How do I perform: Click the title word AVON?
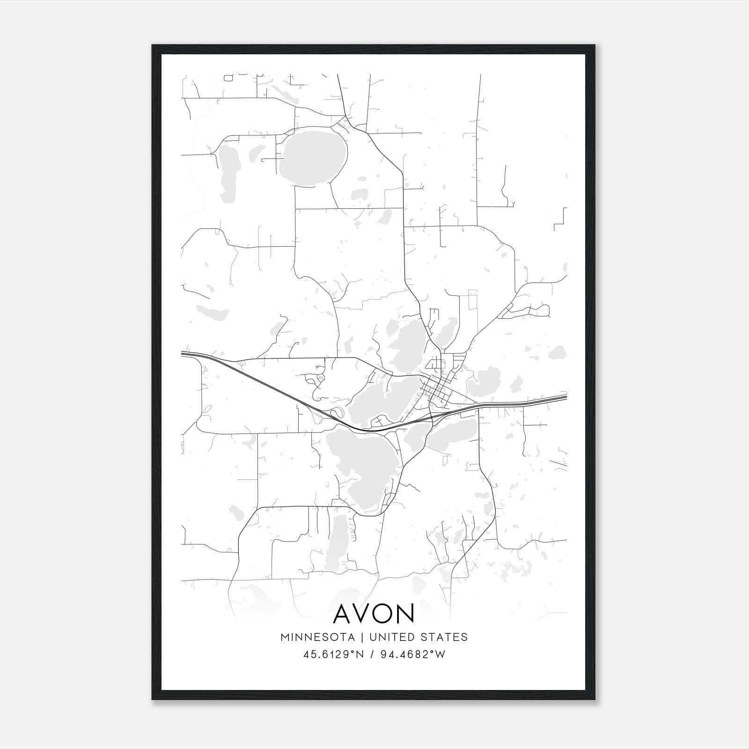point(374,614)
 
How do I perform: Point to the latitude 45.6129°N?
point(333,654)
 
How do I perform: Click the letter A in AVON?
point(343,614)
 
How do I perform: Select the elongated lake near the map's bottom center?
point(337,543)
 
